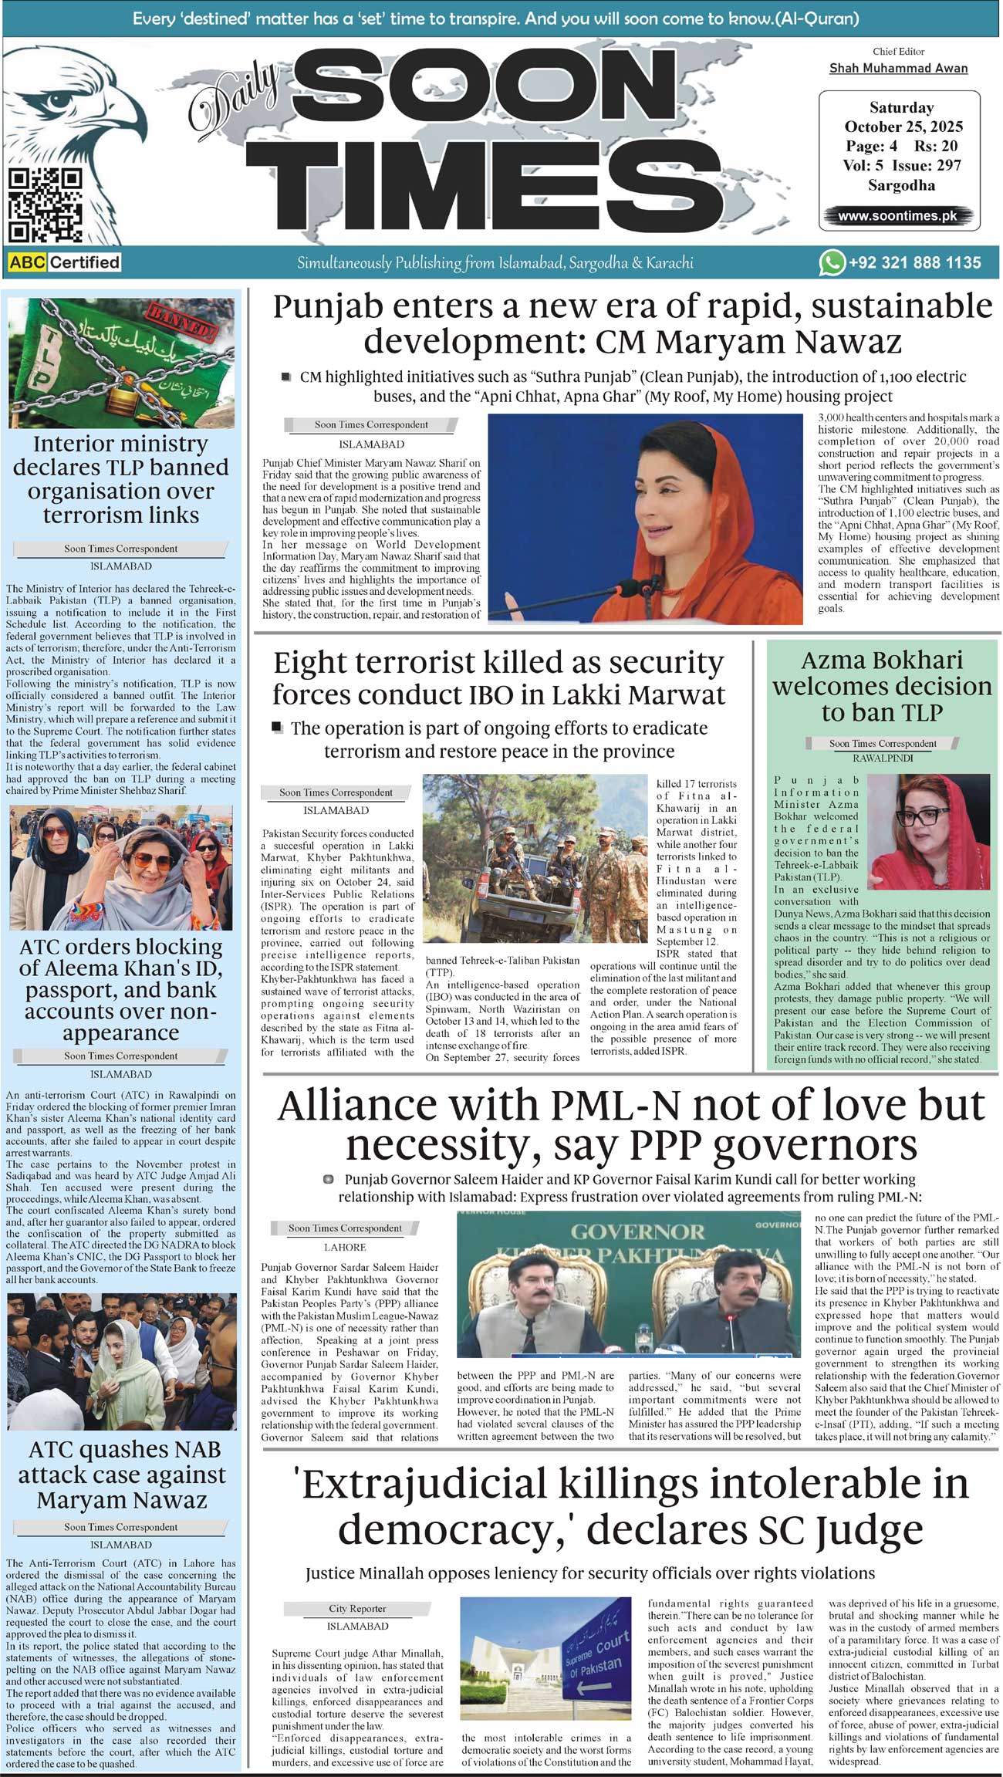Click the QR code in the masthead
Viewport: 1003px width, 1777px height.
[45, 205]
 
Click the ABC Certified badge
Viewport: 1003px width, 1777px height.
[65, 262]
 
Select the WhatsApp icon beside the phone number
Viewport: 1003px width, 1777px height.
[831, 263]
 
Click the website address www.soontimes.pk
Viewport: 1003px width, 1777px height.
[897, 216]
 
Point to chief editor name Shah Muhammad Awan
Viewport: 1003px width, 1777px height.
[898, 68]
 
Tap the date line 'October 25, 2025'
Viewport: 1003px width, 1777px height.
[903, 127]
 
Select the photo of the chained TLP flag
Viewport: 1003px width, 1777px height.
[121, 363]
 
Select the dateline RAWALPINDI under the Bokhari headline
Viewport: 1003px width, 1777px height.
[883, 758]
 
